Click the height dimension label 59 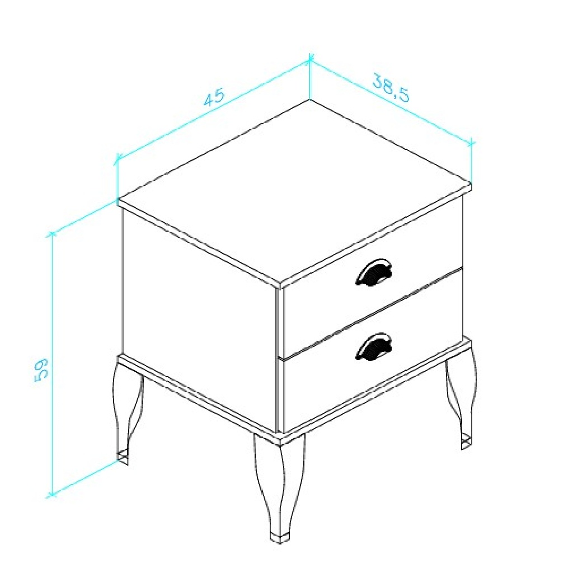[x=41, y=370]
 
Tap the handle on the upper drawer [x=373, y=272]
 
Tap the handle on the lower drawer [x=373, y=346]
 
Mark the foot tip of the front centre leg [x=280, y=539]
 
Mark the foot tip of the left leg [x=123, y=459]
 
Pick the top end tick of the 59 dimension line [x=51, y=234]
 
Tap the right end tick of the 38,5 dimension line [x=471, y=143]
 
